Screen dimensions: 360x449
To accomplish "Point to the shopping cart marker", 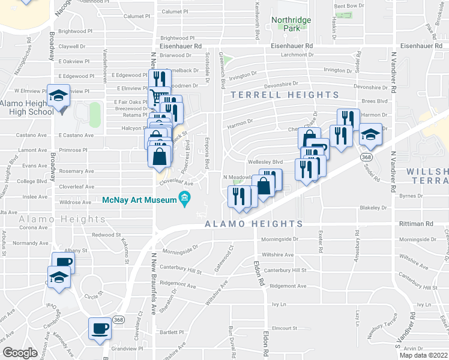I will pos(158,97).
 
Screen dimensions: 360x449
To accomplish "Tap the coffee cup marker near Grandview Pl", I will pos(100,329).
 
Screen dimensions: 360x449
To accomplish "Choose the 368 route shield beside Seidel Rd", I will pos(365,156).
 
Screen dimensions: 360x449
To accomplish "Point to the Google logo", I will pos(20,353).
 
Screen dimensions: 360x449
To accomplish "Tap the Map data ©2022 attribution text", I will pos(423,355).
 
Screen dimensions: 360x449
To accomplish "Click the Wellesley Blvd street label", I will pos(265,162).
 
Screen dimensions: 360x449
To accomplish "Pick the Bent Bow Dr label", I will pos(349,6).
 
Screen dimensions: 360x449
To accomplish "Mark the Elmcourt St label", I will pos(285,328).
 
